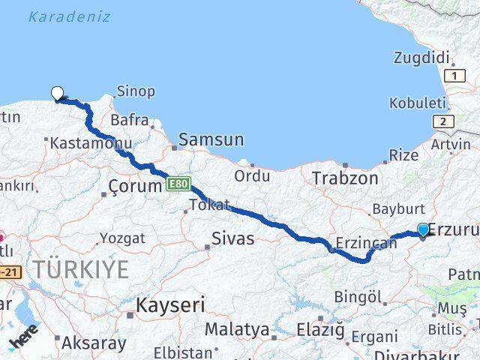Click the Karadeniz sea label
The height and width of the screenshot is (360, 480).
point(70,16)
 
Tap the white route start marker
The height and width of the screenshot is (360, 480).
point(58,94)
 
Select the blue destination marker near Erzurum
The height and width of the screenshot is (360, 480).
point(423,231)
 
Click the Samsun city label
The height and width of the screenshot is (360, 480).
point(211,139)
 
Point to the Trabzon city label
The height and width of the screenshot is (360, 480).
point(345,178)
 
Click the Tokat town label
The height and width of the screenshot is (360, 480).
point(209,205)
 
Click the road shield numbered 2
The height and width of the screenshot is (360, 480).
point(444,121)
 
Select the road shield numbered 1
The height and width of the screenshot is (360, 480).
point(453,76)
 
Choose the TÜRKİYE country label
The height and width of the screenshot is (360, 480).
point(80,270)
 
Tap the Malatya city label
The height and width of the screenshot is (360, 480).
point(237,329)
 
